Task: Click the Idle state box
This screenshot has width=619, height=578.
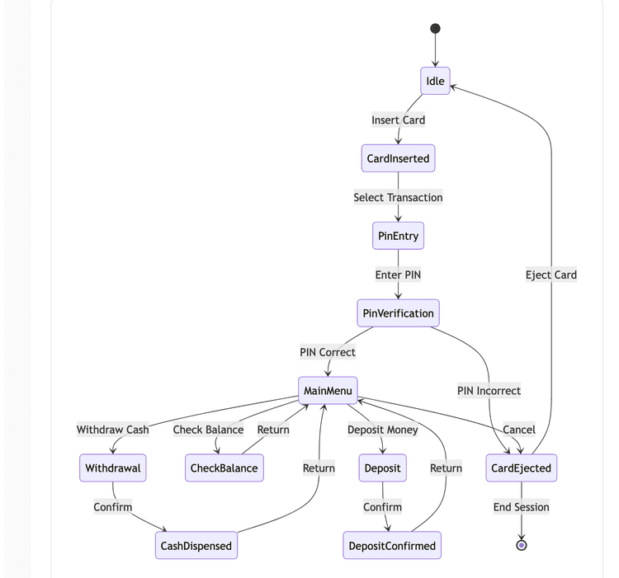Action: pyautogui.click(x=435, y=81)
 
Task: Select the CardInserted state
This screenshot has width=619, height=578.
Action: pyautogui.click(x=398, y=158)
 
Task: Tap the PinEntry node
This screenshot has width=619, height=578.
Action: pyautogui.click(x=398, y=236)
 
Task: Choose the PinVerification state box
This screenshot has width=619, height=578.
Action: pyautogui.click(x=398, y=313)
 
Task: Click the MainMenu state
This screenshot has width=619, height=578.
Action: pyautogui.click(x=328, y=391)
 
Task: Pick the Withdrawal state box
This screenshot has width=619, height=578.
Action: pyautogui.click(x=113, y=468)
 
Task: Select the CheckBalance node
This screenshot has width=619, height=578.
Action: pyautogui.click(x=224, y=468)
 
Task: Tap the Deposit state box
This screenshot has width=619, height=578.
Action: pyautogui.click(x=383, y=468)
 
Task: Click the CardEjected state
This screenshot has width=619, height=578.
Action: pyautogui.click(x=521, y=468)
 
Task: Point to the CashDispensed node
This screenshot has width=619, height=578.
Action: pyautogui.click(x=196, y=546)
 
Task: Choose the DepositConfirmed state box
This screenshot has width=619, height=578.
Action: pyautogui.click(x=392, y=546)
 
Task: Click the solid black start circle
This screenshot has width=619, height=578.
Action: pyautogui.click(x=435, y=29)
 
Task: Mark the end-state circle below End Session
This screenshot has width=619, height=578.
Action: pyautogui.click(x=521, y=545)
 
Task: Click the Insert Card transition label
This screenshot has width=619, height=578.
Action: pyautogui.click(x=398, y=120)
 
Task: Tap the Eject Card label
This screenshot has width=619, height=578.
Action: pyautogui.click(x=550, y=275)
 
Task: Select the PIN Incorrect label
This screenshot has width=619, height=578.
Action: pyautogui.click(x=489, y=391)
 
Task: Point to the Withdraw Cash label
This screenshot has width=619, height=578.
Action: pyautogui.click(x=113, y=430)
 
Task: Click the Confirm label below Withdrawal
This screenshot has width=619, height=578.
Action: pyautogui.click(x=113, y=507)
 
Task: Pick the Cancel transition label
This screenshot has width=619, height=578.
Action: pyautogui.click(x=519, y=430)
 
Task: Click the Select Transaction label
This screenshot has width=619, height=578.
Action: pyautogui.click(x=398, y=197)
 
